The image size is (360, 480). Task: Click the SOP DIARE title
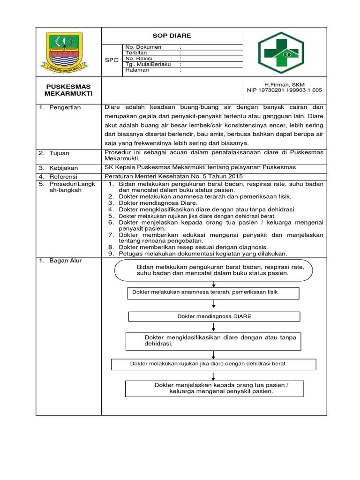[172, 36]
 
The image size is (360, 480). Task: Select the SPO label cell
[112, 60]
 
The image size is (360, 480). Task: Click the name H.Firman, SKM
[285, 84]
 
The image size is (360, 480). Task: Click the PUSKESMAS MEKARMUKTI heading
[69, 90]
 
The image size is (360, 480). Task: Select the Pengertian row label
[65, 107]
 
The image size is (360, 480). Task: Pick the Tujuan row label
[60, 153]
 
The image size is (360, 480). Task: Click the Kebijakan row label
[64, 167]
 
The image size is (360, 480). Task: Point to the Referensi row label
[64, 176]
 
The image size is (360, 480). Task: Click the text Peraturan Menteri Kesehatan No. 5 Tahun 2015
[173, 176]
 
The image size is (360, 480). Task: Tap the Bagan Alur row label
[65, 261]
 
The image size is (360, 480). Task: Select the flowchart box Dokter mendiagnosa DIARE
[214, 316]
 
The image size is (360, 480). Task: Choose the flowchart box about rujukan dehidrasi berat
[213, 364]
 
